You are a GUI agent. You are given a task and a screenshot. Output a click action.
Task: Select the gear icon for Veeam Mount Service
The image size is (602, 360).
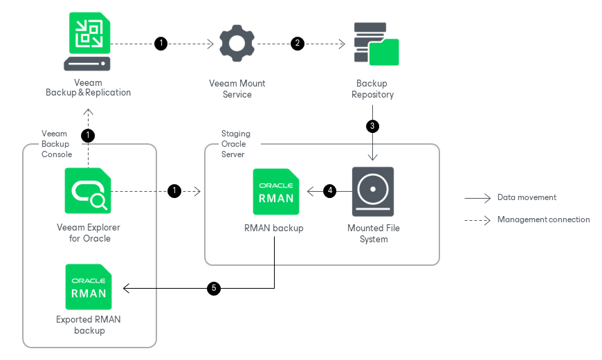[237, 44]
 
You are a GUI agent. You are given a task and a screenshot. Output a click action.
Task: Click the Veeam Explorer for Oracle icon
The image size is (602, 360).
[88, 190]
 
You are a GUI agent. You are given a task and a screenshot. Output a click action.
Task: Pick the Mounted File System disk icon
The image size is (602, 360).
[373, 191]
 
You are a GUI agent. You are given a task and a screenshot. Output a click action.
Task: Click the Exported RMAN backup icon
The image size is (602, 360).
[88, 287]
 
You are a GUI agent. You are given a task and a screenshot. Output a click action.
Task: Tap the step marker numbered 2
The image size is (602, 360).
[298, 44]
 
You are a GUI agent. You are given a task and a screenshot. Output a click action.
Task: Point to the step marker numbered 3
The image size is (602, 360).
[373, 126]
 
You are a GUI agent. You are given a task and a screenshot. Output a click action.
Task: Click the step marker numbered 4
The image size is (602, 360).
[330, 190]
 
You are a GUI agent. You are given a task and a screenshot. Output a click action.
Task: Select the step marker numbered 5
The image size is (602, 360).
[215, 289]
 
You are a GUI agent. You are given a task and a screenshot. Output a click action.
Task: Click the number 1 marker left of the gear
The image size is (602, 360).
[161, 44]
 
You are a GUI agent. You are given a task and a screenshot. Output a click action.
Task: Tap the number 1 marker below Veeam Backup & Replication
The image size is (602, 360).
[88, 135]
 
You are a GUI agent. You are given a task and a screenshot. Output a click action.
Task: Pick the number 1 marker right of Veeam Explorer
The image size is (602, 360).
[174, 190]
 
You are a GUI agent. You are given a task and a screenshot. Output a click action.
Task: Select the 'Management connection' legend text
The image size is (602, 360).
[543, 219]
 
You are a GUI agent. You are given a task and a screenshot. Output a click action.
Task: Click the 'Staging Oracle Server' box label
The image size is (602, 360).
[235, 144]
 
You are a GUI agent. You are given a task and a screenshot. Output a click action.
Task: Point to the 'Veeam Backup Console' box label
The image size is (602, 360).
[57, 144]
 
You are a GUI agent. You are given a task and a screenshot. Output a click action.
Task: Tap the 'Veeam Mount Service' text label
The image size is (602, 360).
[237, 89]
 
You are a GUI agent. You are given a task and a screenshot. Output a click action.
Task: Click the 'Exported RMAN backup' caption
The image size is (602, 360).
[89, 325]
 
